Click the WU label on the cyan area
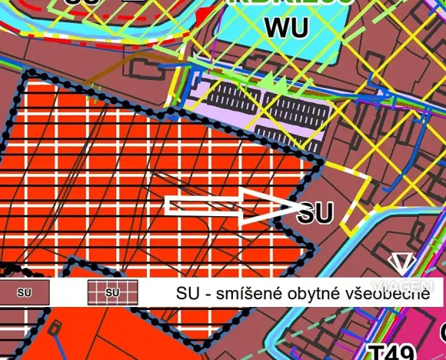point(286,28)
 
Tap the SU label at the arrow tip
point(315,212)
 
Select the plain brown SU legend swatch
point(24,292)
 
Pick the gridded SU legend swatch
point(112,292)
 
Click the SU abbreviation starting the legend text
point(189,292)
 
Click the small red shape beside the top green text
point(203,15)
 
